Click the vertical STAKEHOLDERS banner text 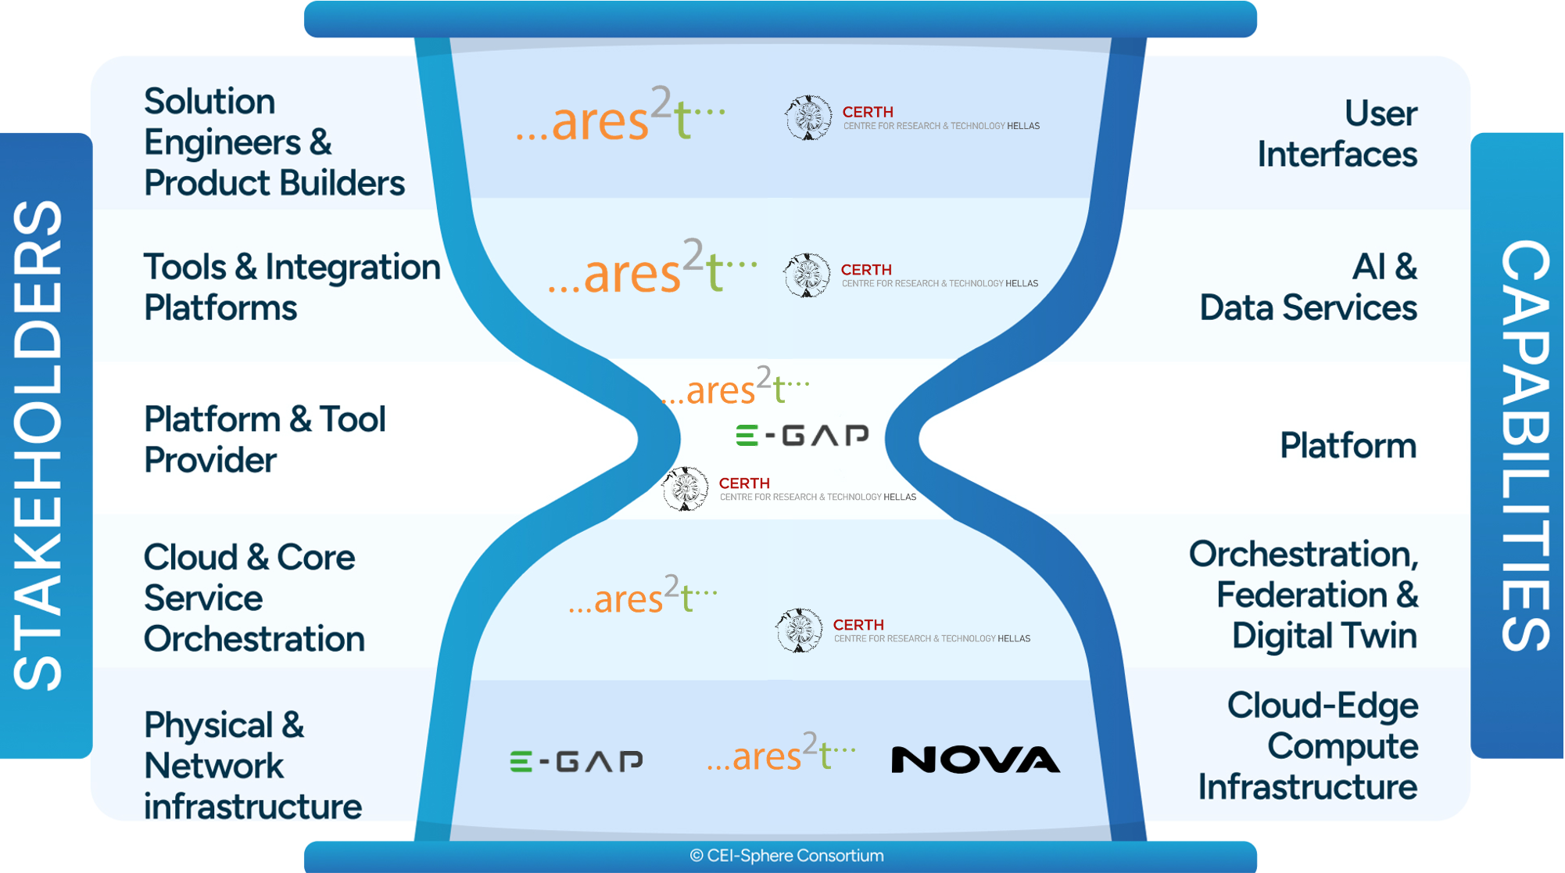39,446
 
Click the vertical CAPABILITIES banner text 1524,446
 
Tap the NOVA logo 976,760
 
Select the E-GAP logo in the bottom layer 576,761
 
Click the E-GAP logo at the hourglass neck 802,435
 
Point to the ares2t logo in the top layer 620,117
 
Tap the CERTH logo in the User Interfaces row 911,118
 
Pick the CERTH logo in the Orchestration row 903,630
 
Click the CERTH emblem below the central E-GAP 686,489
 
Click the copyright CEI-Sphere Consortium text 786,856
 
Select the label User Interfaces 1337,134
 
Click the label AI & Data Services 1308,287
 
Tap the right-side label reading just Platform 1347,445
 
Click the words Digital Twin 1324,635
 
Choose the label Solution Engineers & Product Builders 274,142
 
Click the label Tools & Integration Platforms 291,287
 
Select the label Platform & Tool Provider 264,440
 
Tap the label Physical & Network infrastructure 252,765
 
